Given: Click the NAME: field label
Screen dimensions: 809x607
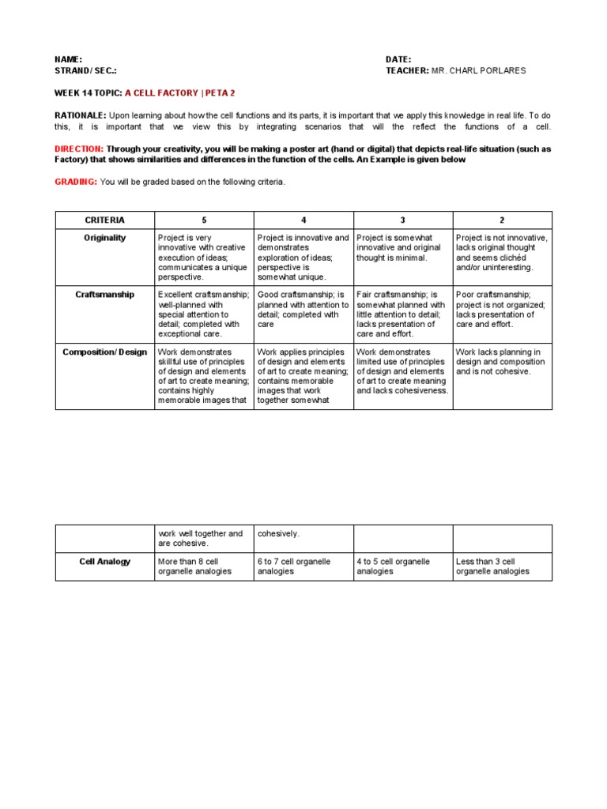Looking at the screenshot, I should tap(68, 59).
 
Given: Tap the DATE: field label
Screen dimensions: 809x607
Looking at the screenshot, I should tap(398, 59).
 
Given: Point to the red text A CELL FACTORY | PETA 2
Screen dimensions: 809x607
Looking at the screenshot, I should tap(180, 92).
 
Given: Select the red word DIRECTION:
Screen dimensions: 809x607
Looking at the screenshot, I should tap(79, 149).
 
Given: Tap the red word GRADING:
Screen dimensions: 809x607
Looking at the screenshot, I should tap(76, 182).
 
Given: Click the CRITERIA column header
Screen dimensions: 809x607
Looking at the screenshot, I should tap(104, 220).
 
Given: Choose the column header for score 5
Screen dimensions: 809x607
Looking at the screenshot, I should tap(204, 220).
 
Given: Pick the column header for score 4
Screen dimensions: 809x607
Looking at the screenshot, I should tap(303, 220).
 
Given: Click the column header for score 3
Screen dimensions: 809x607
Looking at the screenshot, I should tap(403, 220).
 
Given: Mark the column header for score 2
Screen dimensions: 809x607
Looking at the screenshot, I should tap(502, 220).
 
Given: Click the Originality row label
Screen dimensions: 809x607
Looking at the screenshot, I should tap(104, 238).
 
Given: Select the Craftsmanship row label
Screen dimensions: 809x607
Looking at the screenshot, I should tap(104, 295).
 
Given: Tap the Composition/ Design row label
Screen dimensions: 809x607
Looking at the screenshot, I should tap(104, 352).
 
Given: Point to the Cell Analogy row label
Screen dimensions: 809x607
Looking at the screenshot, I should tap(104, 562).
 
